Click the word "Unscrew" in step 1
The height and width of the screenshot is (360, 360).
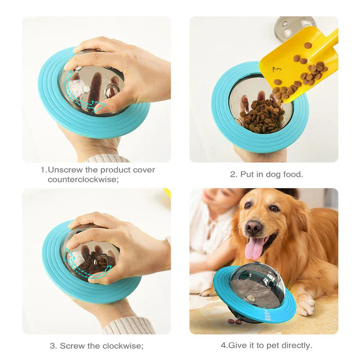pyautogui.click(x=63, y=170)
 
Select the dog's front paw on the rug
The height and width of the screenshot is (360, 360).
pyautogui.click(x=306, y=306)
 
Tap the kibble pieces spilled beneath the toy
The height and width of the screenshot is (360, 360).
pyautogui.click(x=234, y=321)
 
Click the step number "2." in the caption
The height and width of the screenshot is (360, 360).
pyautogui.click(x=234, y=174)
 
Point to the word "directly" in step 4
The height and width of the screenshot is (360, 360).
pyautogui.click(x=297, y=346)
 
